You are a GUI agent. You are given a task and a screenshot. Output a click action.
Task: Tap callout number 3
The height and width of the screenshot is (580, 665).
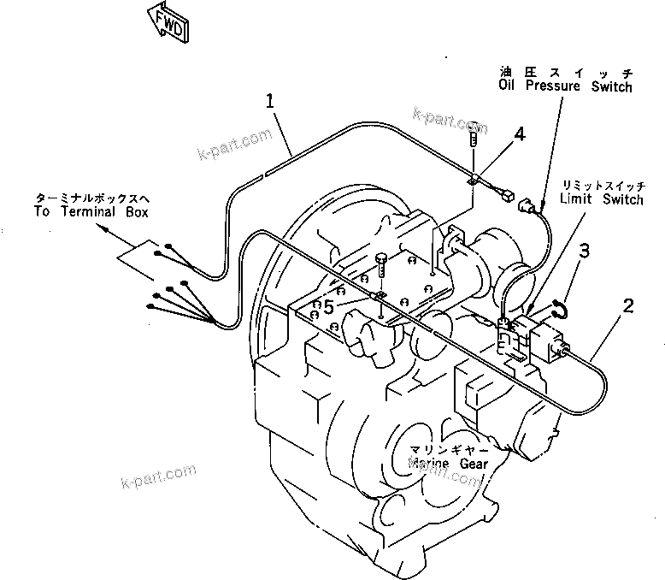click(585, 251)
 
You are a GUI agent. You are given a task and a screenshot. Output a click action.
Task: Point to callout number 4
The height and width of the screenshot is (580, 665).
click(520, 133)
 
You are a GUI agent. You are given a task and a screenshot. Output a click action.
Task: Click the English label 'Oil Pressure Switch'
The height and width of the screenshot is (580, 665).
click(565, 86)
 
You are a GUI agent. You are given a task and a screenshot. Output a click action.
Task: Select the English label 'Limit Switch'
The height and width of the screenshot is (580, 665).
click(601, 199)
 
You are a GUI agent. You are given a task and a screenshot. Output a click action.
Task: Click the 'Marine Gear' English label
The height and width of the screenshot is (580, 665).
click(448, 464)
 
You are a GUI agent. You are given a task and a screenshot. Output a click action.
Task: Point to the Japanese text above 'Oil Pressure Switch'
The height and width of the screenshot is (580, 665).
click(566, 72)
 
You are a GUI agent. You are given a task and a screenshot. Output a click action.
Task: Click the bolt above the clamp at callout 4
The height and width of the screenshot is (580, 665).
click(474, 141)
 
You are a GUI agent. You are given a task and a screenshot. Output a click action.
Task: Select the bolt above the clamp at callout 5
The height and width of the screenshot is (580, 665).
click(380, 262)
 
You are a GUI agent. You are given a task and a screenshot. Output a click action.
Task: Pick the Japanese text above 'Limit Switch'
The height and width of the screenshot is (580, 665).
click(600, 185)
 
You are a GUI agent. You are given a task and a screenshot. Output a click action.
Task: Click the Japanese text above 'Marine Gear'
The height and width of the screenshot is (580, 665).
click(448, 449)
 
